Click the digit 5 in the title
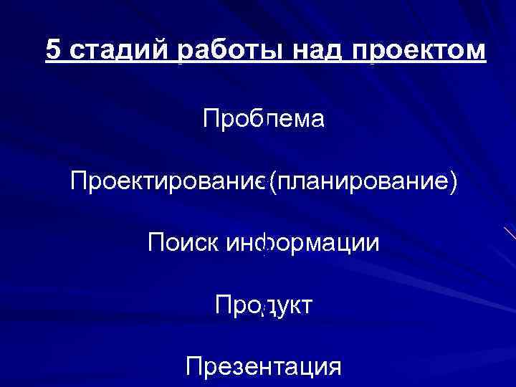pyautogui.click(x=53, y=50)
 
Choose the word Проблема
pyautogui.click(x=264, y=119)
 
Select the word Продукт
pyautogui.click(x=263, y=305)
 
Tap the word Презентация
pyautogui.click(x=263, y=368)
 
